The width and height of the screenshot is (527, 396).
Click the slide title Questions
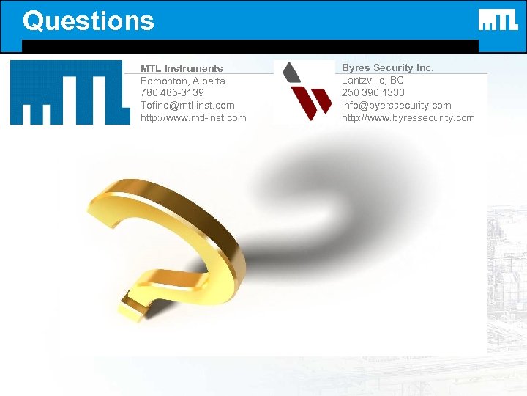[89, 21]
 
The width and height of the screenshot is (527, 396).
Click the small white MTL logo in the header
[498, 20]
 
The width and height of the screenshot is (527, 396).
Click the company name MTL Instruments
[182, 68]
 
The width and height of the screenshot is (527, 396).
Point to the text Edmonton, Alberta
[182, 81]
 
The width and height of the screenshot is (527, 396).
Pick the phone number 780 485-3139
[172, 93]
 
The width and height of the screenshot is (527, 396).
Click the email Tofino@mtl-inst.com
[187, 106]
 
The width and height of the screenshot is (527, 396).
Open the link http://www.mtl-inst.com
[193, 118]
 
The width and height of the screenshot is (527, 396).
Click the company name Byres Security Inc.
[387, 67]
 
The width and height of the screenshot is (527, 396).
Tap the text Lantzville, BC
[373, 80]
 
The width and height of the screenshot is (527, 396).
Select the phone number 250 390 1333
[373, 93]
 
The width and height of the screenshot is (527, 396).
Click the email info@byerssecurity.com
[396, 106]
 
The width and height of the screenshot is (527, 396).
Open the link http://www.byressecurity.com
[408, 118]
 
